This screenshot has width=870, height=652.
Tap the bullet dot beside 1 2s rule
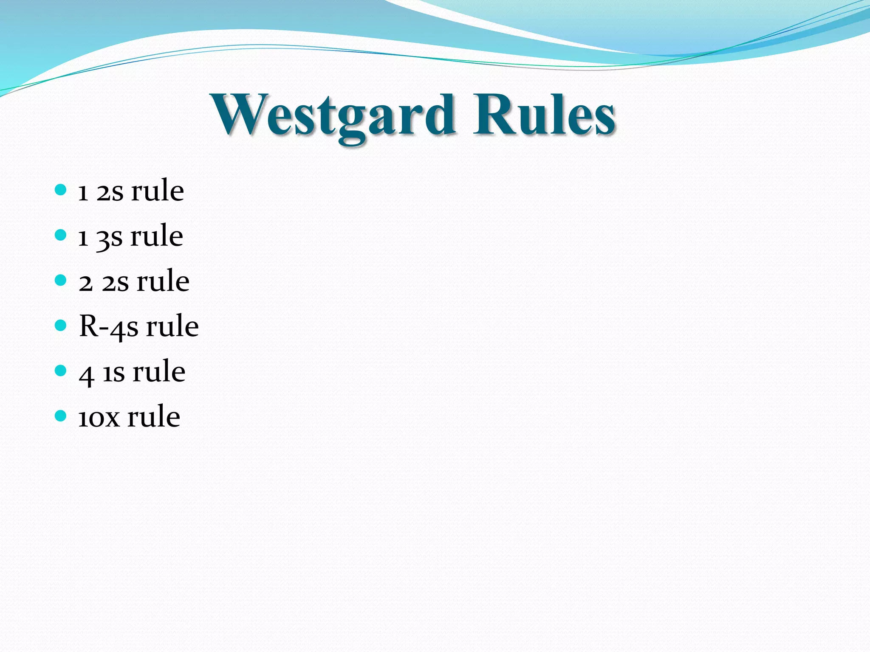(61, 189)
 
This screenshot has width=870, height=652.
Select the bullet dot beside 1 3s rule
(61, 235)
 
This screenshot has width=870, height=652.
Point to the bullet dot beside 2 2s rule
(61, 280)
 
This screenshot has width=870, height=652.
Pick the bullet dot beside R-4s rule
(61, 326)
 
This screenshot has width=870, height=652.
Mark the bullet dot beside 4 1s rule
(61, 371)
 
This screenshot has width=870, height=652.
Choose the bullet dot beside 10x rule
(61, 416)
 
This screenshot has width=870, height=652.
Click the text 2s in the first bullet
(110, 192)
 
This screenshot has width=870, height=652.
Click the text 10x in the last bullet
(99, 418)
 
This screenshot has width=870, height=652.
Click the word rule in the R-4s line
(172, 327)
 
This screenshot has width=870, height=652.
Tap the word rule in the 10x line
(154, 417)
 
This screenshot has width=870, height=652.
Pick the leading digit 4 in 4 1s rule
(86, 375)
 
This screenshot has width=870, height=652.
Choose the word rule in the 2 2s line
(163, 282)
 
